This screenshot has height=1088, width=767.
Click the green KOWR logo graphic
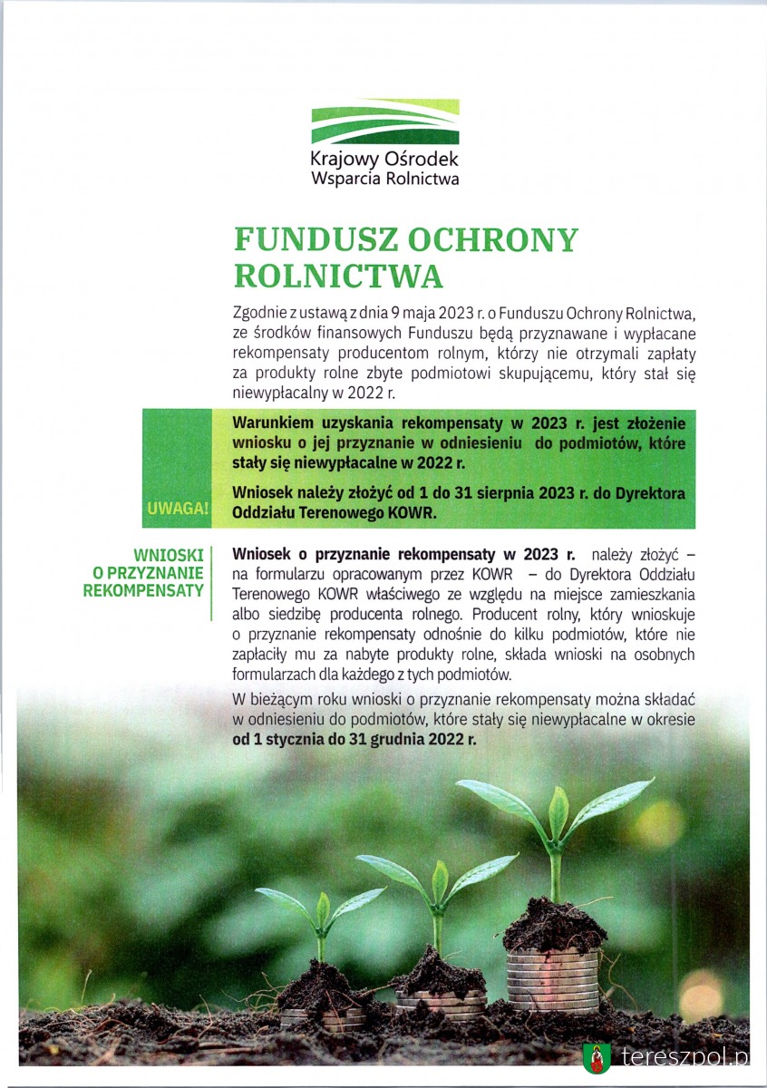385,122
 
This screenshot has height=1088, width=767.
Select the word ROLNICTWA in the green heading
338,276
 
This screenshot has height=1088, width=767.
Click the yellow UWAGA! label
177,509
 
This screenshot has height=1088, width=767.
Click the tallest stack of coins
552,979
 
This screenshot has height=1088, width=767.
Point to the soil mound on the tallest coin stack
554,926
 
